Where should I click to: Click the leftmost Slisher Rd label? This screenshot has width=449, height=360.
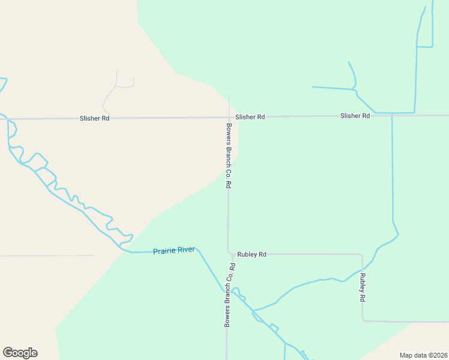[95, 119]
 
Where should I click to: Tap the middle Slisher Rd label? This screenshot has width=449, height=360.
[250, 117]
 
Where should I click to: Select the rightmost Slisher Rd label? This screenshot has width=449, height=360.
[355, 115]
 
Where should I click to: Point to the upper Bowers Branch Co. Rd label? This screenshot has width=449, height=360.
[229, 156]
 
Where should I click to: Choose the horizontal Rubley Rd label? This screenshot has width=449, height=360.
[252, 254]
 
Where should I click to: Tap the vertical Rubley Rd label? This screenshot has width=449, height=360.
[363, 287]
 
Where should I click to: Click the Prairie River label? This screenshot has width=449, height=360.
[173, 250]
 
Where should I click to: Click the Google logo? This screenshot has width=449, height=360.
[20, 353]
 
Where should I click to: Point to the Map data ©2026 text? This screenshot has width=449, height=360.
[423, 355]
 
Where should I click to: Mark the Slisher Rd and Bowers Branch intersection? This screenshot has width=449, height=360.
[229, 117]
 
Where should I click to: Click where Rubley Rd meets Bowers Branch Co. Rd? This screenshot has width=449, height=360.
[229, 253]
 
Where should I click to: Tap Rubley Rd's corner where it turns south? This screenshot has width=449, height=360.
[361, 255]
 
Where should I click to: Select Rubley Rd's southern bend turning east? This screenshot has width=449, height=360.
[363, 320]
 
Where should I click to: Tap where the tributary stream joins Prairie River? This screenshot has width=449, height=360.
[253, 311]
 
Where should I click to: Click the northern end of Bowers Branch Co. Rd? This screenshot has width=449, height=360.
[229, 95]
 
